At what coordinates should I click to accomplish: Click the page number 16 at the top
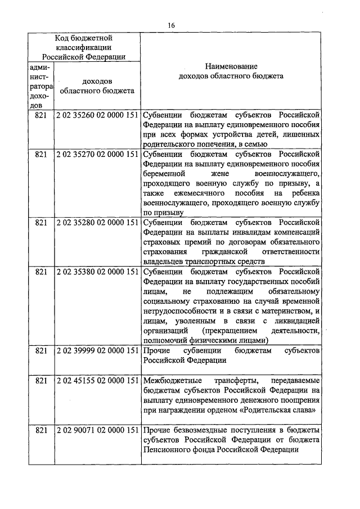pos(172,25)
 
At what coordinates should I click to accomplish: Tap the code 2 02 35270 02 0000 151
pos(97,153)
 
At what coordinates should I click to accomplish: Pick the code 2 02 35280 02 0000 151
pos(97,222)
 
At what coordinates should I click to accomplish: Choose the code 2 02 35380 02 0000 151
pos(97,272)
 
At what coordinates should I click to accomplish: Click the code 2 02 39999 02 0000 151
pos(97,350)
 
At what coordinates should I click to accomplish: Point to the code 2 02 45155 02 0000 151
pos(97,380)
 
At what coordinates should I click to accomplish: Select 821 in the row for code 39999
pos(41,350)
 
